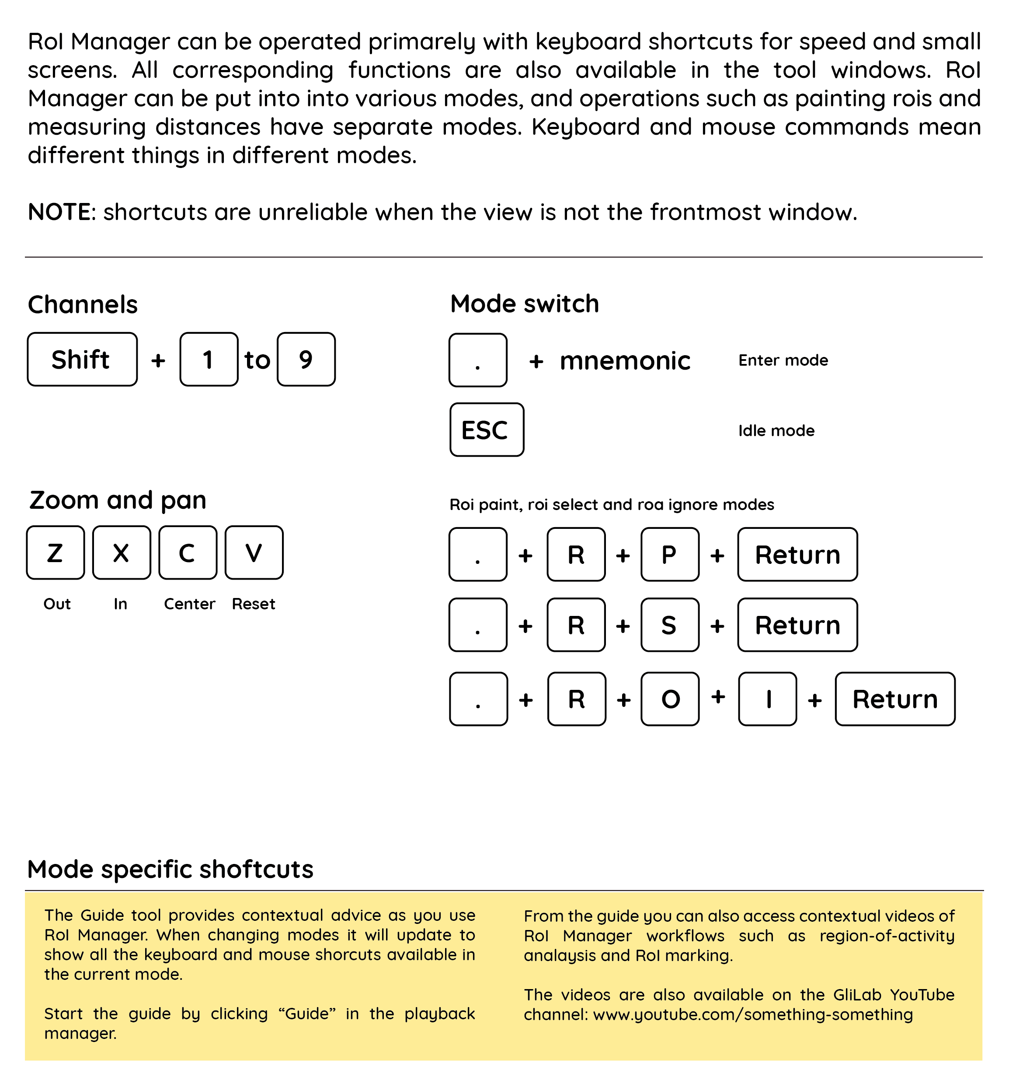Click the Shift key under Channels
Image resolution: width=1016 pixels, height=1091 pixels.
[x=82, y=360]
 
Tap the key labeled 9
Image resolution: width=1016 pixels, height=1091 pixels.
[x=306, y=360]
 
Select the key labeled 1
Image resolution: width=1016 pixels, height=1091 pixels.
[x=209, y=360]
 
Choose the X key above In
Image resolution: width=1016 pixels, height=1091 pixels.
[x=121, y=552]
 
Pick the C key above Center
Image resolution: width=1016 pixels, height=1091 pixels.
[x=188, y=552]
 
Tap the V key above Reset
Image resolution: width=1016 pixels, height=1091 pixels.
[x=254, y=552]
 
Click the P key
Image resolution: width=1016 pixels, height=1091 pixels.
[x=669, y=554]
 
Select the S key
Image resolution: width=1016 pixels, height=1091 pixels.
[x=669, y=625]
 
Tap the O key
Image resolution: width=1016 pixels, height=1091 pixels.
[x=670, y=699]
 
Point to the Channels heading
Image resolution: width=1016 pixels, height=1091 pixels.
[x=83, y=304]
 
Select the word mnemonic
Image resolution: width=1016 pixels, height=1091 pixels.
[x=624, y=360]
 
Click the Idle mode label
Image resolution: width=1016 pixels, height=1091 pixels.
[x=776, y=431]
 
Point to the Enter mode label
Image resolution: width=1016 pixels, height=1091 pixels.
[x=783, y=360]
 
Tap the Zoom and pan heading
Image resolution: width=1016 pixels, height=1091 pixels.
[x=118, y=500]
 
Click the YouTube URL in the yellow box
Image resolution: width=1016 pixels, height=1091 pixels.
[x=753, y=1014]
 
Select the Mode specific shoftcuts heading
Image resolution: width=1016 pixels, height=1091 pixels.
[x=170, y=869]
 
